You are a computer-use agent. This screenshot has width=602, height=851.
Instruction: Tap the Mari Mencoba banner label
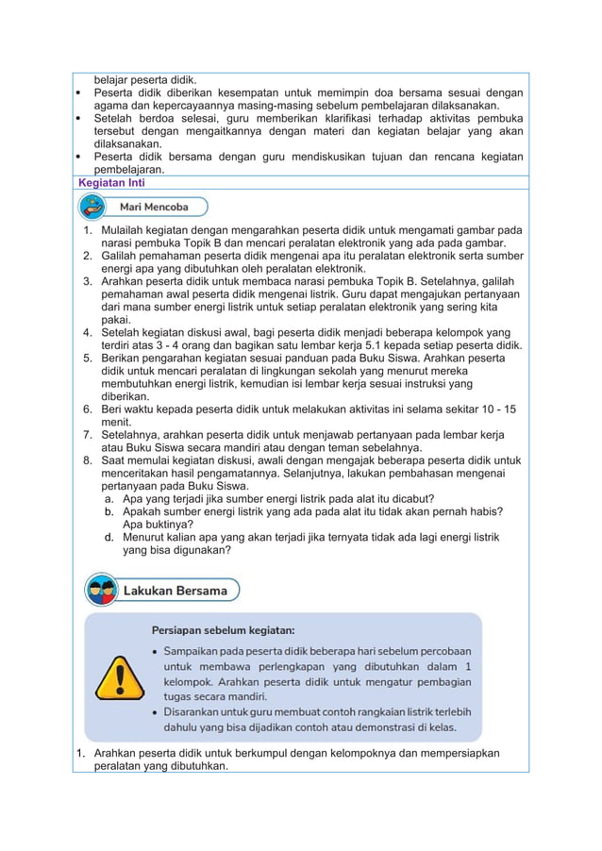tap(153, 207)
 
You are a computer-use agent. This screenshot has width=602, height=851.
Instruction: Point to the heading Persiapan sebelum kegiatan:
tap(223, 629)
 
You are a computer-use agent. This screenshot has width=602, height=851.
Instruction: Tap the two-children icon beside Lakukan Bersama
tap(102, 591)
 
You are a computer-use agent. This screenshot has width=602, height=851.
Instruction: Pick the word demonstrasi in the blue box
tap(376, 726)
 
